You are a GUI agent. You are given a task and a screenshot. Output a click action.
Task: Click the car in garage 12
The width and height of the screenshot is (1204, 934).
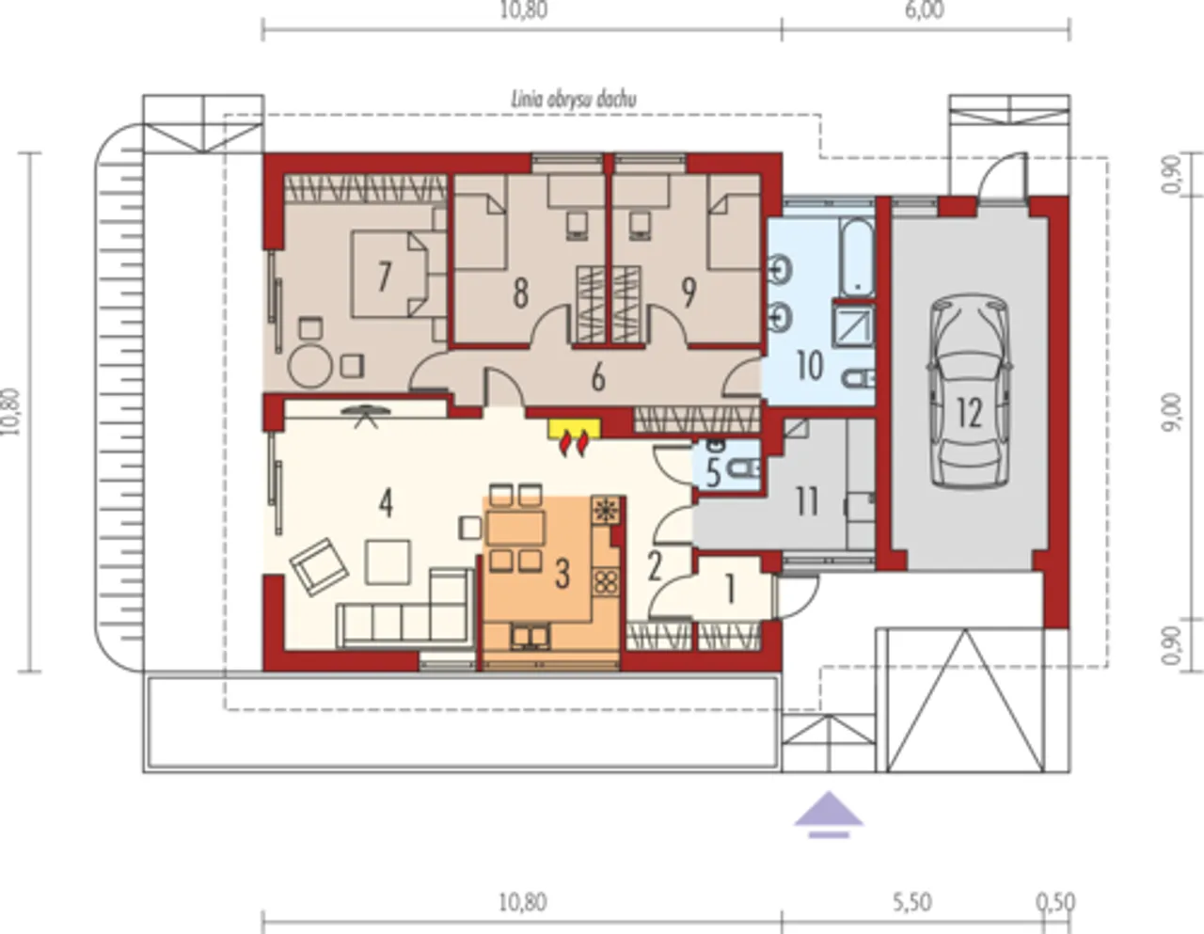coord(969,391)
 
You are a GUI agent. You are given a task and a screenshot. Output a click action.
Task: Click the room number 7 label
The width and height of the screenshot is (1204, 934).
coord(384,277)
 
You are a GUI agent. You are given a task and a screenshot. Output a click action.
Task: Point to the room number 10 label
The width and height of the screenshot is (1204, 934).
coord(810,366)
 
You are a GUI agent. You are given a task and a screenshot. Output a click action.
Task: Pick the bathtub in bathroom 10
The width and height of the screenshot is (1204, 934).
coord(856,257)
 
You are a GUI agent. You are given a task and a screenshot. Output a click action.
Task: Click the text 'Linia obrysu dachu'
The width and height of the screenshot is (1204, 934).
coord(574,101)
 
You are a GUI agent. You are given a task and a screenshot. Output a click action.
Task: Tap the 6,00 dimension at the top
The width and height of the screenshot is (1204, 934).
coord(925,10)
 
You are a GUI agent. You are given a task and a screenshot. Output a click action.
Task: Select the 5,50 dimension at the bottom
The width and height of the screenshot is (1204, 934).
coord(912,902)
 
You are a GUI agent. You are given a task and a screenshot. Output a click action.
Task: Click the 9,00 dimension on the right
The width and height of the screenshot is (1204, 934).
coord(1172,412)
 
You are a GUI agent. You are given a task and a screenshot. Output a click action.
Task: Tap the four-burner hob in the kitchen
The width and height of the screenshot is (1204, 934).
coord(606,581)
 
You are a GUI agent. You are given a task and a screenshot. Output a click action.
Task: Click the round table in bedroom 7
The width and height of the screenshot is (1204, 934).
coord(309,366)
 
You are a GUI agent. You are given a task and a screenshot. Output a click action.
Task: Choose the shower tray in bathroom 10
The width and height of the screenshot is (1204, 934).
coord(853,325)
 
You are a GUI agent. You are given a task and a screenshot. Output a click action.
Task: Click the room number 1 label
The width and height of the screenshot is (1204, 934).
coord(730,590)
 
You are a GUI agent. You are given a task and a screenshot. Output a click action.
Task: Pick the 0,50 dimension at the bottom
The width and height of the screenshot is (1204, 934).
coord(1056,902)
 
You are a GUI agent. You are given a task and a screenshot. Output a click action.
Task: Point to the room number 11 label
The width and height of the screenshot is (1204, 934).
coord(806,502)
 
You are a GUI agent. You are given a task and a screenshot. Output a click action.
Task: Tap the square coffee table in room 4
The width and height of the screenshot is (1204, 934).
coord(388,562)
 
